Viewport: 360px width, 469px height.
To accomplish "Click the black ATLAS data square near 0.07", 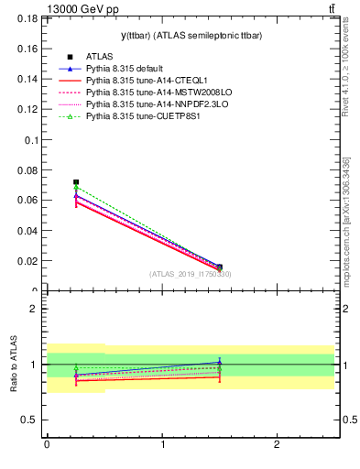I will point(76,182).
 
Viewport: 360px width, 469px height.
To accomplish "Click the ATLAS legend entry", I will point(100,57).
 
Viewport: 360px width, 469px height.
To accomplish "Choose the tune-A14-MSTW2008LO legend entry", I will point(157,93).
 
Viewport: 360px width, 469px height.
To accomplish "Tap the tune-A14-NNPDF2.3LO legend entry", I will point(155,104).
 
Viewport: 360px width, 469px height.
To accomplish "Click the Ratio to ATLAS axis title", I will point(14,365).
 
